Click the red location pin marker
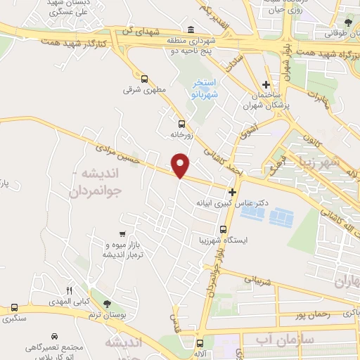(x=181, y=165)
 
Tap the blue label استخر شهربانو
(x=206, y=89)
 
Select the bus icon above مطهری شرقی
(x=144, y=79)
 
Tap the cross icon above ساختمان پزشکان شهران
(x=265, y=84)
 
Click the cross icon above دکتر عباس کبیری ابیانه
(x=232, y=191)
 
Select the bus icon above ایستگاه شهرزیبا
(x=223, y=229)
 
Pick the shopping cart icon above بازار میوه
(x=123, y=233)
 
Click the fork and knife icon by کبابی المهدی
(x=69, y=290)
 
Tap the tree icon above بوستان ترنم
(x=106, y=303)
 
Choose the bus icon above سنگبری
(x=14, y=308)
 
